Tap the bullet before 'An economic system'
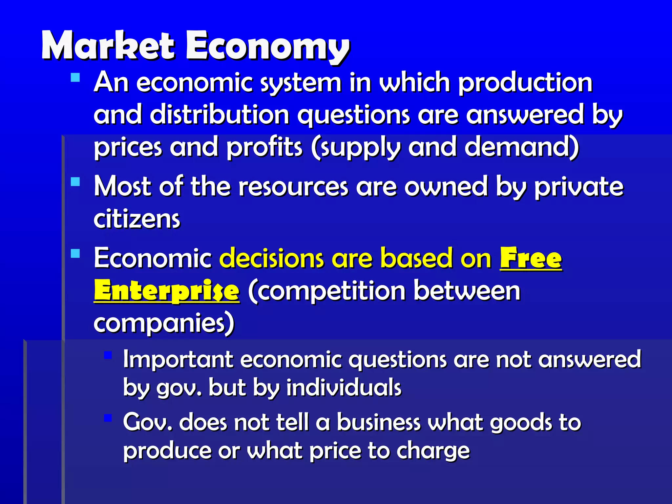tap(75, 77)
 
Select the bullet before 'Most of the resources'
tap(75, 182)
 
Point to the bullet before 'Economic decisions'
tap(75, 254)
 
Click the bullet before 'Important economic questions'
tap(108, 355)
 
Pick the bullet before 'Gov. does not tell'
tap(108, 418)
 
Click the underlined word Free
tap(531, 259)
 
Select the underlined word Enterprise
tap(166, 291)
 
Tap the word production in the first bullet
tap(525, 83)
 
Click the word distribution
tap(220, 115)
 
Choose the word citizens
tap(137, 219)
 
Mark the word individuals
tap(344, 388)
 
